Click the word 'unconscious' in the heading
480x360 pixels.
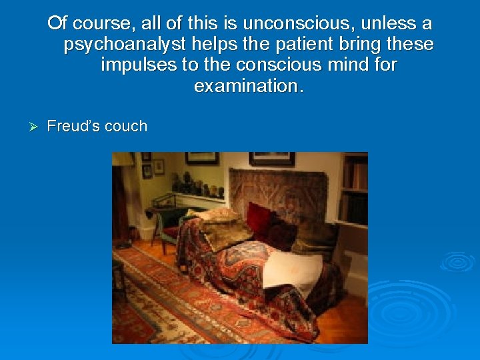285,25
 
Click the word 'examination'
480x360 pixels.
248,87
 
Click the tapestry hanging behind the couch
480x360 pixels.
277,190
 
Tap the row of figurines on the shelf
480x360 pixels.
197,186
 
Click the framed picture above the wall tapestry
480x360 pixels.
272,159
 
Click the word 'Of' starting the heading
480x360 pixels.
58,25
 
